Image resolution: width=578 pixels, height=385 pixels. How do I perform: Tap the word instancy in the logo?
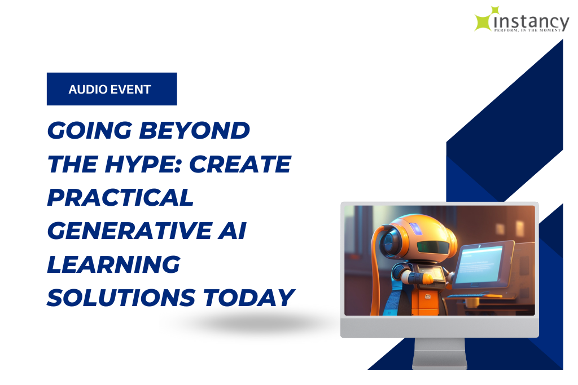531,21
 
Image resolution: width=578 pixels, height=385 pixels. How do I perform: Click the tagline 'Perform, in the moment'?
527,30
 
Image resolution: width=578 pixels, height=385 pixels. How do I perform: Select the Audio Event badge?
112,89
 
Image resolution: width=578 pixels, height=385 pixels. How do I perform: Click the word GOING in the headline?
90,130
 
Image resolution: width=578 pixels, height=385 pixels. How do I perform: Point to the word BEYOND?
194,130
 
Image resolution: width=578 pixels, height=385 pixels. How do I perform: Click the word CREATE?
240,164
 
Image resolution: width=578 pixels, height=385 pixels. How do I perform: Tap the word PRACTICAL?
120,197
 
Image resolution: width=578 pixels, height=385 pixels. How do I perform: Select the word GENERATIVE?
129,231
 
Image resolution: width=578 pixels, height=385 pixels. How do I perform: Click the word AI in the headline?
232,231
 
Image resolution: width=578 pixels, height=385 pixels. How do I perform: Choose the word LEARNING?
113,264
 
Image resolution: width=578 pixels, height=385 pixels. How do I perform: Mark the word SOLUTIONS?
121,298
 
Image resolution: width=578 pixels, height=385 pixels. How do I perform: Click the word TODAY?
249,298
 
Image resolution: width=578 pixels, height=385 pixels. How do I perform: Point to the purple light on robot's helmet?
416,228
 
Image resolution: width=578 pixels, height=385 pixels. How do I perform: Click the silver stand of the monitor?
439,353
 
